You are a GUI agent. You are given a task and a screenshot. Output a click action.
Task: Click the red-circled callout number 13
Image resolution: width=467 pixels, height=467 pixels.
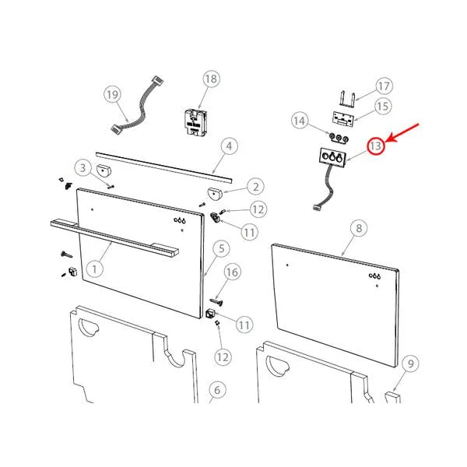(376, 146)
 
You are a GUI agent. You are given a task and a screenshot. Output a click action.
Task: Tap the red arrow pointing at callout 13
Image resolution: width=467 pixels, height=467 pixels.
(402, 133)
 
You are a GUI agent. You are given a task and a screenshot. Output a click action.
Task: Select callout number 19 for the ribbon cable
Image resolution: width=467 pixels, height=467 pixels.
(112, 95)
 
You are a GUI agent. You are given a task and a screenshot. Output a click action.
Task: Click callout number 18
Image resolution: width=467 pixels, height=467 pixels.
(211, 79)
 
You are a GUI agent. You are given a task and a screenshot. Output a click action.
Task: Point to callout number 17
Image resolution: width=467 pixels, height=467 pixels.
(384, 86)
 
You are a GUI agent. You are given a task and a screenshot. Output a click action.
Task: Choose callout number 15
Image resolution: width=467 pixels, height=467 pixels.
(383, 107)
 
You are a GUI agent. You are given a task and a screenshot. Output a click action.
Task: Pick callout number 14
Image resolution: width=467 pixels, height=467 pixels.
(300, 121)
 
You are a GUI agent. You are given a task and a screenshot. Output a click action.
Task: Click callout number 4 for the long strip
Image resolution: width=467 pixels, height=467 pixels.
(229, 146)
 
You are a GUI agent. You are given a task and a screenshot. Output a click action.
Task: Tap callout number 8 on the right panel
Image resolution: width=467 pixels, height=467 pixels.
(359, 228)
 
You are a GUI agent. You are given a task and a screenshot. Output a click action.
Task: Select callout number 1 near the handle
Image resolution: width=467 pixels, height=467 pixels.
(94, 269)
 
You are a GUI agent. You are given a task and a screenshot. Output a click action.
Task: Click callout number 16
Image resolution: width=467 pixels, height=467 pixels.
(232, 272)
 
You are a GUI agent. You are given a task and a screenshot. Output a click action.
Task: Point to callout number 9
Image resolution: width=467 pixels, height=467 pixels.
(410, 363)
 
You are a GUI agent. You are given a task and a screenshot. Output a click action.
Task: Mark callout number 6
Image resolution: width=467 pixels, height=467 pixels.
(217, 390)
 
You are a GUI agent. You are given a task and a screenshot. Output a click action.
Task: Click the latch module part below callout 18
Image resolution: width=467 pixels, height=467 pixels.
(195, 123)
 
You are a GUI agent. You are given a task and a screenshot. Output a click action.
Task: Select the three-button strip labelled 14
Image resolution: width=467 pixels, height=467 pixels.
(339, 138)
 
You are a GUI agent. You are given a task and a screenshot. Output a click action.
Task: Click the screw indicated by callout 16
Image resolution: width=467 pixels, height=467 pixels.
(217, 302)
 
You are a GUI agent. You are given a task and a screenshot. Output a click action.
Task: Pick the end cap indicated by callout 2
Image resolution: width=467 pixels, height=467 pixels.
(215, 193)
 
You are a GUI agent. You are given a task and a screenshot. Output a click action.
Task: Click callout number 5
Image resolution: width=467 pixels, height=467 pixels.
(221, 248)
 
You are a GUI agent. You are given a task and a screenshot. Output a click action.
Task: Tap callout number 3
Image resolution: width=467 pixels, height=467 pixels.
(83, 168)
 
